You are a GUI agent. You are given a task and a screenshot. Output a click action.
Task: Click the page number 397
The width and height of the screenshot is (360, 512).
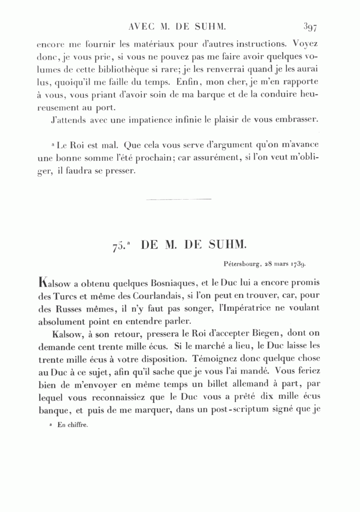coord(310,27)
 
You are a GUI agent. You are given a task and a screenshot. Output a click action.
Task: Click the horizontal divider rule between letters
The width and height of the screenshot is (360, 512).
coord(179,198)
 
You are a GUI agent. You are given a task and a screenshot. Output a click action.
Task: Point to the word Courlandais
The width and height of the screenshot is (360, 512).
coord(150,296)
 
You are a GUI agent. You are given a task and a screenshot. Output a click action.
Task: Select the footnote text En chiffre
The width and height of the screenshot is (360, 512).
coord(72,425)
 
